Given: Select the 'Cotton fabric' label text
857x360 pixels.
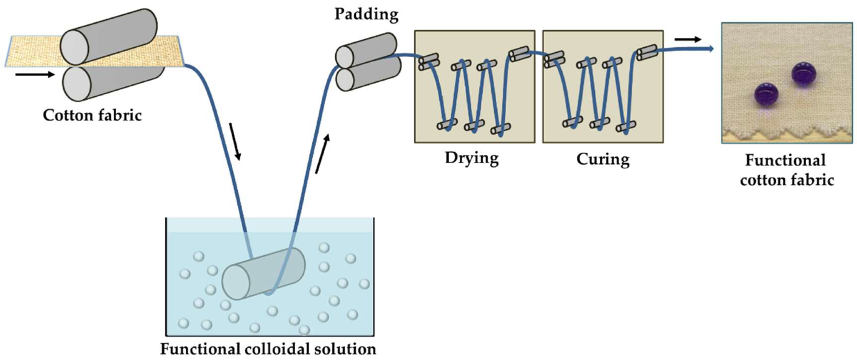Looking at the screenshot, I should point(91,115).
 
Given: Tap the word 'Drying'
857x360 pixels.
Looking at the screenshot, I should point(471,158).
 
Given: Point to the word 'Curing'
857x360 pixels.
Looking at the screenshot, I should point(602,159).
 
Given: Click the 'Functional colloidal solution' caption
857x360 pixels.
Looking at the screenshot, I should point(268,349).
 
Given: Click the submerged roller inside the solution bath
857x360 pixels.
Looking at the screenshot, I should point(264,273).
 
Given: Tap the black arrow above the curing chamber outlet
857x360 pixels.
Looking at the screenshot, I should point(688,39).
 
